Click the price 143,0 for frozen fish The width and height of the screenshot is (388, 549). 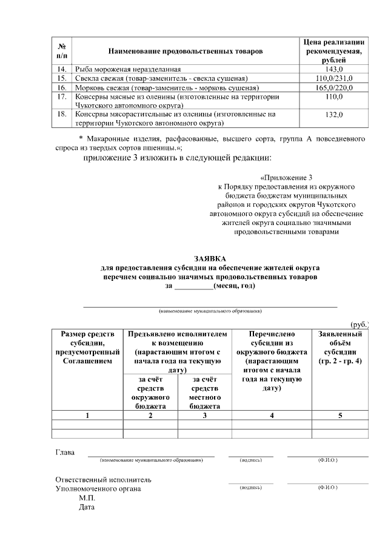click(333, 70)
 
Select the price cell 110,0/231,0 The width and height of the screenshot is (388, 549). click(333, 79)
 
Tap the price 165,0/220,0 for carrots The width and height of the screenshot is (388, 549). click(333, 88)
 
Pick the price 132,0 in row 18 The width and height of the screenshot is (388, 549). click(333, 115)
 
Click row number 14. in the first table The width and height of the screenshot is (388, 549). click(61, 70)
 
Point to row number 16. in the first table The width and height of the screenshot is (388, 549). click(61, 88)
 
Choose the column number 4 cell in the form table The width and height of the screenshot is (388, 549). click(272, 415)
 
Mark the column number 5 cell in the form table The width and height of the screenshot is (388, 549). click(340, 415)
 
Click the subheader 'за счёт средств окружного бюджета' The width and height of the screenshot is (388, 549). click(150, 392)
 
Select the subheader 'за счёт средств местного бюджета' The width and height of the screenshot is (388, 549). click(204, 392)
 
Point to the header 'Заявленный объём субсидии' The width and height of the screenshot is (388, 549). click(340, 348)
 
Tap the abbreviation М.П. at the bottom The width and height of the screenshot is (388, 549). click(88, 497)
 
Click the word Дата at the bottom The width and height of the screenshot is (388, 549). click(87, 507)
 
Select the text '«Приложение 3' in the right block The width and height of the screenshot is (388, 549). click(286, 178)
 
